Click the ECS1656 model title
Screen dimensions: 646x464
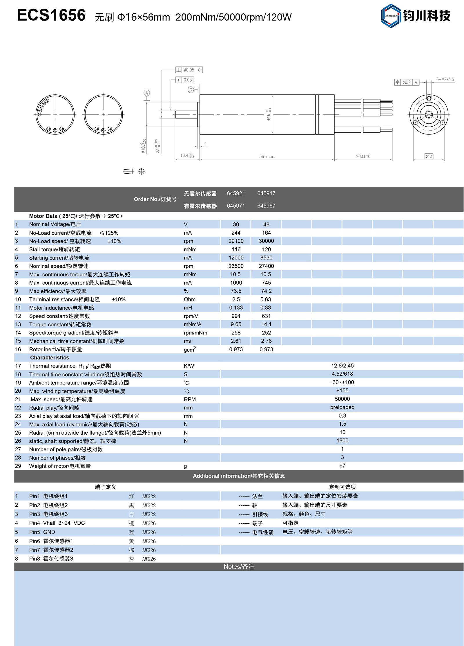click(x=51, y=15)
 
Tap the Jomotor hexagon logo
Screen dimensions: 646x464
click(x=391, y=16)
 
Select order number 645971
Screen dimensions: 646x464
click(x=236, y=206)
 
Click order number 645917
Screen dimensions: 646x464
click(x=266, y=193)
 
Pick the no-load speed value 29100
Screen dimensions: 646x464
click(x=236, y=241)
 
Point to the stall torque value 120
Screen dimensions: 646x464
click(x=266, y=249)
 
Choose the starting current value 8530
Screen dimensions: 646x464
click(x=266, y=258)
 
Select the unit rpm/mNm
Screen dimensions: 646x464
click(x=195, y=333)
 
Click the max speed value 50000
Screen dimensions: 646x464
click(x=342, y=399)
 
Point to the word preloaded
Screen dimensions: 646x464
click(x=342, y=407)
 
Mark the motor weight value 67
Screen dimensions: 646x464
click(x=342, y=466)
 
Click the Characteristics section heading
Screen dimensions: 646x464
click(x=50, y=358)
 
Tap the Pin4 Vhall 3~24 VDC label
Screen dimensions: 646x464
click(x=57, y=523)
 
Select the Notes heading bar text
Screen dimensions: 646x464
click(x=239, y=566)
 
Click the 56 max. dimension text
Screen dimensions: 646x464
click(x=267, y=156)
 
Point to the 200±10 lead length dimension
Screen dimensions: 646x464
click(x=363, y=156)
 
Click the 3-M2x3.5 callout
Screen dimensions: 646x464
click(x=445, y=79)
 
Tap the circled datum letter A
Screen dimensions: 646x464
click(x=147, y=93)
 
